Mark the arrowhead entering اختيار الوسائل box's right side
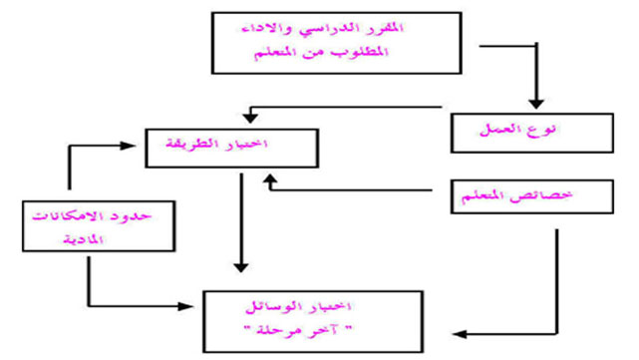pos(459,331)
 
